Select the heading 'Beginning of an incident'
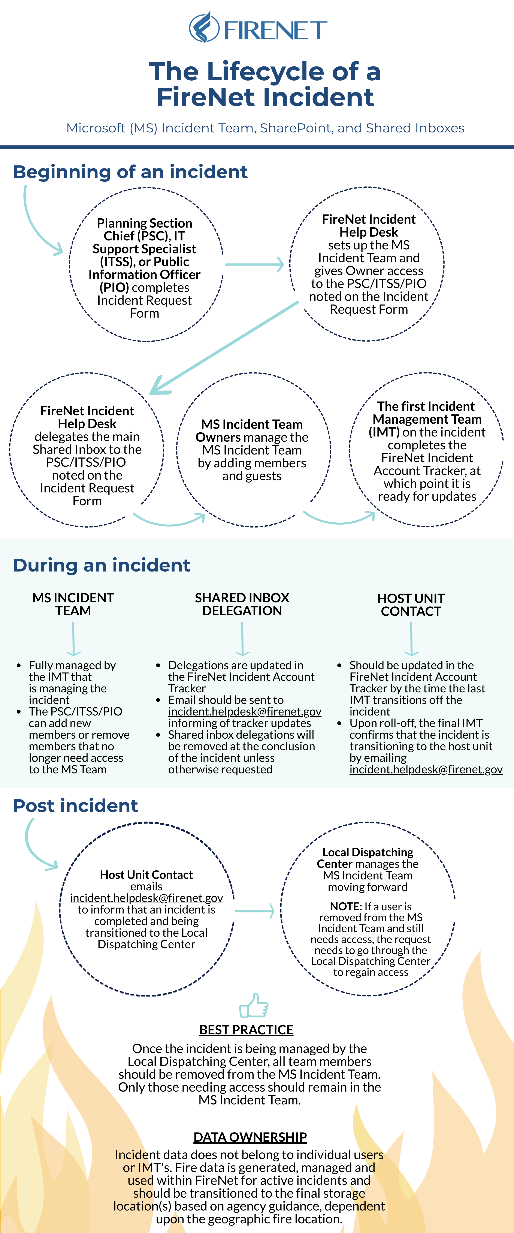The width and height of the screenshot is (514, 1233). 130,172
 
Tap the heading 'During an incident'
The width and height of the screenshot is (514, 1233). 102,565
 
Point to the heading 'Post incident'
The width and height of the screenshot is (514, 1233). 76,805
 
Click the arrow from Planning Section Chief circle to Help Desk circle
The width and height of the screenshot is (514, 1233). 255,264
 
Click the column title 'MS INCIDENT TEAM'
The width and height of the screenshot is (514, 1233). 73,604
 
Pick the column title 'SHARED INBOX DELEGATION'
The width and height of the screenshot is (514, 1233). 242,604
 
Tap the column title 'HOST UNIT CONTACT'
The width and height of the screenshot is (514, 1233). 411,604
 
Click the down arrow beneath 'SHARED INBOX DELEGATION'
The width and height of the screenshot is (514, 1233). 243,639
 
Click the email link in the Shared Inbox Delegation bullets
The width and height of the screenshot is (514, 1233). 245,712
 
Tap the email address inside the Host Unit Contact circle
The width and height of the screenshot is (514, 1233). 146,898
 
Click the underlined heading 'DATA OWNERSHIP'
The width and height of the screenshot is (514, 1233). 250,1137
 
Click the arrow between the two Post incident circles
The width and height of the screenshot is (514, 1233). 255,911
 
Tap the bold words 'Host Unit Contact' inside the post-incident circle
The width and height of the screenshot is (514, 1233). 146,875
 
